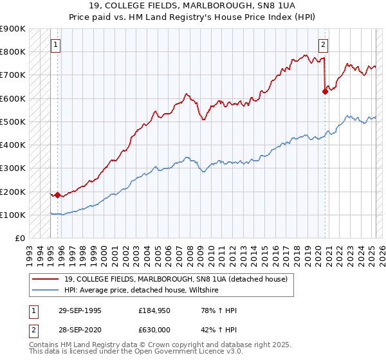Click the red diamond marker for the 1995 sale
[57, 194]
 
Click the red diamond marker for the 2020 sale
[325, 91]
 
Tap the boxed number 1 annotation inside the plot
[57, 45]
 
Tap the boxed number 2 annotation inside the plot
[323, 45]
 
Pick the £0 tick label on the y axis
[20, 239]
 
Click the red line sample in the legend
[46, 279]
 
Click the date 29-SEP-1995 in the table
[79, 310]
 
